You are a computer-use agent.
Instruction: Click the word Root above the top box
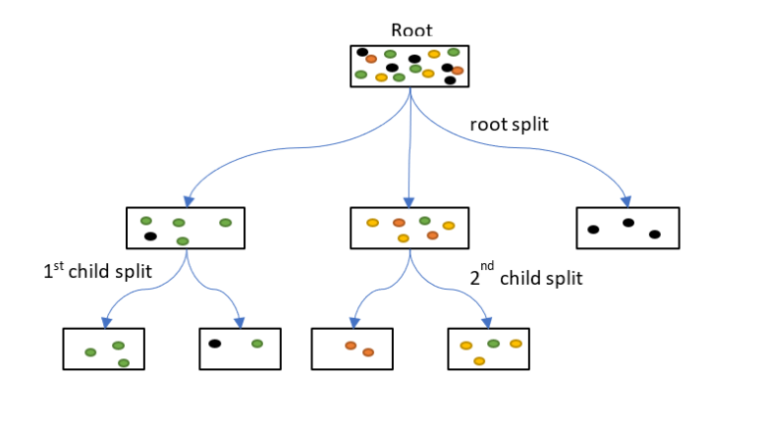pos(411,31)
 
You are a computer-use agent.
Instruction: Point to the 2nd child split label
pos(525,278)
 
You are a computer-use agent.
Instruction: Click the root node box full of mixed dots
pos(410,66)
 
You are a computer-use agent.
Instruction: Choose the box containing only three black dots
pos(627,227)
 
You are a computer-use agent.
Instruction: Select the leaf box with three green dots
pos(103,349)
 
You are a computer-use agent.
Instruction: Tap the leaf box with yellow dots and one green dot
pos(489,349)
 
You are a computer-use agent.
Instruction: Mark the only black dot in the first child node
pos(150,236)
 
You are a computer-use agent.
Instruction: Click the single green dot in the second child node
pos(425,220)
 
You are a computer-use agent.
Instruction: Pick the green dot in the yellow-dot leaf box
pos(493,344)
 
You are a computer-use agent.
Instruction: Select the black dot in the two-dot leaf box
pos(214,344)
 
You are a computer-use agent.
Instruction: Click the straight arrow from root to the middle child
pos(410,149)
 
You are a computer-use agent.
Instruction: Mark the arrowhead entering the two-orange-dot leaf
pos(352,322)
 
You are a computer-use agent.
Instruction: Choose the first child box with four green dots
pos(186,227)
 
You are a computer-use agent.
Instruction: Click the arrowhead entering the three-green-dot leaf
pos(104,322)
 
